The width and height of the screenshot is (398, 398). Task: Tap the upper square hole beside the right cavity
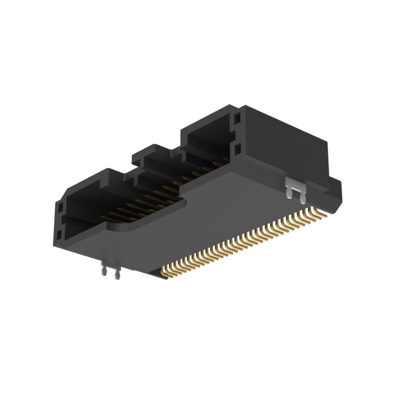point(238,119)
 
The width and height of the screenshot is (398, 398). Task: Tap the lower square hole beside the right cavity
point(238,149)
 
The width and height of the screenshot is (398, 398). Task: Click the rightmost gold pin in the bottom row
point(329,211)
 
